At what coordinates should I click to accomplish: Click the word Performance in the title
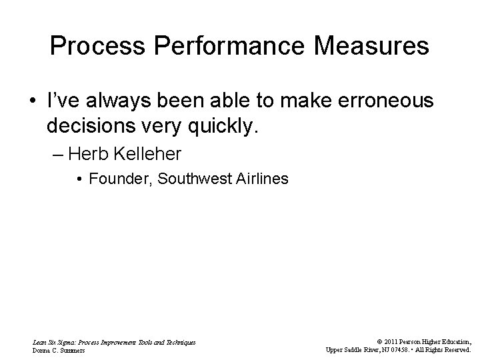click(214, 46)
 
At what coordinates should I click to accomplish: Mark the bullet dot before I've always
click(31, 101)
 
